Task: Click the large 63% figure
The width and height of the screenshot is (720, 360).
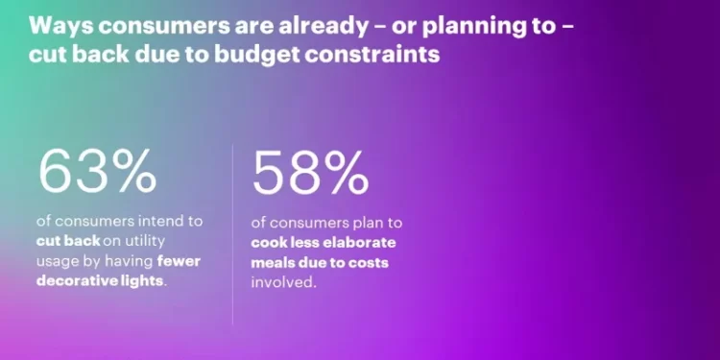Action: (x=97, y=171)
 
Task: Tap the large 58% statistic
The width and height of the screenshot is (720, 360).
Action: (x=309, y=173)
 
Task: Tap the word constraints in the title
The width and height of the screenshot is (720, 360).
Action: (x=377, y=54)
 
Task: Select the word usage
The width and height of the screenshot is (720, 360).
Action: (x=64, y=260)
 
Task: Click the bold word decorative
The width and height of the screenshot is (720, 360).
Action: (x=80, y=280)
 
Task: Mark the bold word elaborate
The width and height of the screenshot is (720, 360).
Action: (x=357, y=241)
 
